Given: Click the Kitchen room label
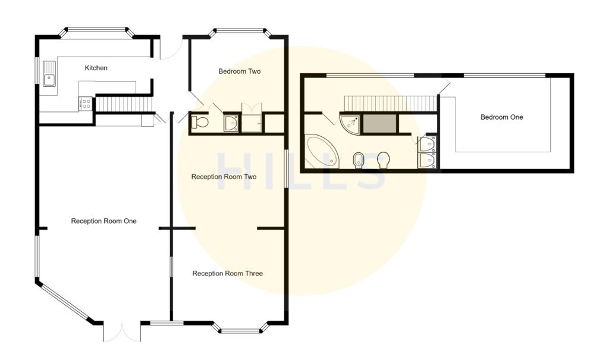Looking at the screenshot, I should point(96,68).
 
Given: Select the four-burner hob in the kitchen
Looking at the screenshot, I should point(86,104).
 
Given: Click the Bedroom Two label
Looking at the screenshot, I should point(239,71).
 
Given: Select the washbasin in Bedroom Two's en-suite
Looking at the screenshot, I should point(231,123).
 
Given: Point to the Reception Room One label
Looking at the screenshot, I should point(103,221).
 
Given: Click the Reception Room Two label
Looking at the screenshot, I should point(223,177).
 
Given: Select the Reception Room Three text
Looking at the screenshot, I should point(227,274).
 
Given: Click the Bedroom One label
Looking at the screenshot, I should point(501,117).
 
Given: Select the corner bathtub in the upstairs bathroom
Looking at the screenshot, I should point(321,152).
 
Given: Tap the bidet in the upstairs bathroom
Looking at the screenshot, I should point(359,159).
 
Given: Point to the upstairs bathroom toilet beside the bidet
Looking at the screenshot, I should point(384,159).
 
